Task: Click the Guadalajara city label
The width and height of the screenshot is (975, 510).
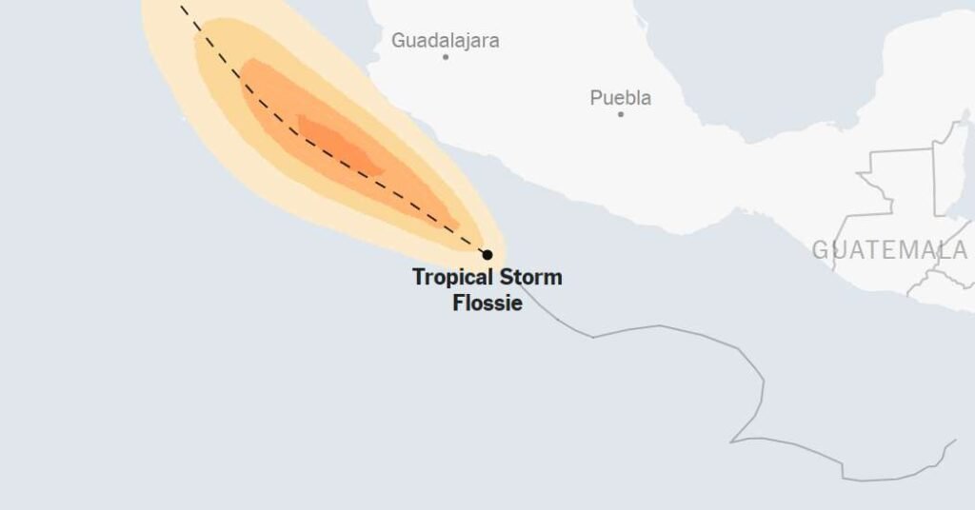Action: tap(445, 41)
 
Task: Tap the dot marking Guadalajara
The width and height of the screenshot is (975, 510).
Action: tap(446, 57)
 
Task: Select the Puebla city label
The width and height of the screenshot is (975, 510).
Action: tap(621, 98)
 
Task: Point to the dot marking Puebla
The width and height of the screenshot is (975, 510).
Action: tap(621, 114)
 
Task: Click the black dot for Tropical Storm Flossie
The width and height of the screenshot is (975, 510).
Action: tap(487, 255)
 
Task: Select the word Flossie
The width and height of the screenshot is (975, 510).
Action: tap(487, 304)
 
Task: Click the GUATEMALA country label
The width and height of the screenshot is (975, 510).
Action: tap(889, 250)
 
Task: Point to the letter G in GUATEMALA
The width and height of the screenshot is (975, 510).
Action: tap(821, 250)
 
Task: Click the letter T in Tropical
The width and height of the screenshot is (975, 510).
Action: tap(418, 278)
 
